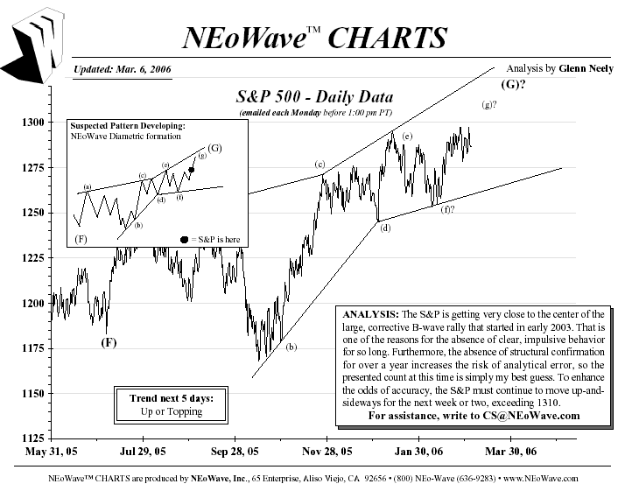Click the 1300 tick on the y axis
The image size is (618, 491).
pyautogui.click(x=35, y=122)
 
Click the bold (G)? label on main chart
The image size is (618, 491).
pyautogui.click(x=513, y=85)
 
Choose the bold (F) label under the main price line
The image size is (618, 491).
pyautogui.click(x=108, y=342)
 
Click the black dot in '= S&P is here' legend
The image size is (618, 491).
pyautogui.click(x=184, y=239)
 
